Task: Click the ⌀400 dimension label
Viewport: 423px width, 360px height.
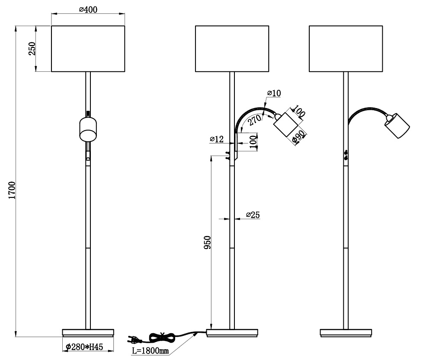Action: point(88,10)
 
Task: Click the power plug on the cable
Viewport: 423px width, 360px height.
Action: point(135,339)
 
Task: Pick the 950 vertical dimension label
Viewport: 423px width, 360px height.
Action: point(207,244)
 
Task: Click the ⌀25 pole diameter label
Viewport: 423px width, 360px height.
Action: point(253,215)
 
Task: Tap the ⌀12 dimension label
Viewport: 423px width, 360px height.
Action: point(217,139)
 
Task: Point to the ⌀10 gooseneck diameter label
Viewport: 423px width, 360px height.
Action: point(274,93)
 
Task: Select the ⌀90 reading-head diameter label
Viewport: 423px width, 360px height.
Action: point(298,137)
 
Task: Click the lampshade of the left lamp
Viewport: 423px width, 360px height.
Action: point(88,48)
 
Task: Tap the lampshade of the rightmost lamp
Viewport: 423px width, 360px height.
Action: point(346,48)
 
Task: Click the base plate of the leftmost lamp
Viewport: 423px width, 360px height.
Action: point(88,332)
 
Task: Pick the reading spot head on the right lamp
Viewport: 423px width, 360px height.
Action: point(397,125)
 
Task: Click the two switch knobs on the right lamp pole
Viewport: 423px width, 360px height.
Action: point(346,156)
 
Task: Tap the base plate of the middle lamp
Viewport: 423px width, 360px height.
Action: point(232,332)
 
